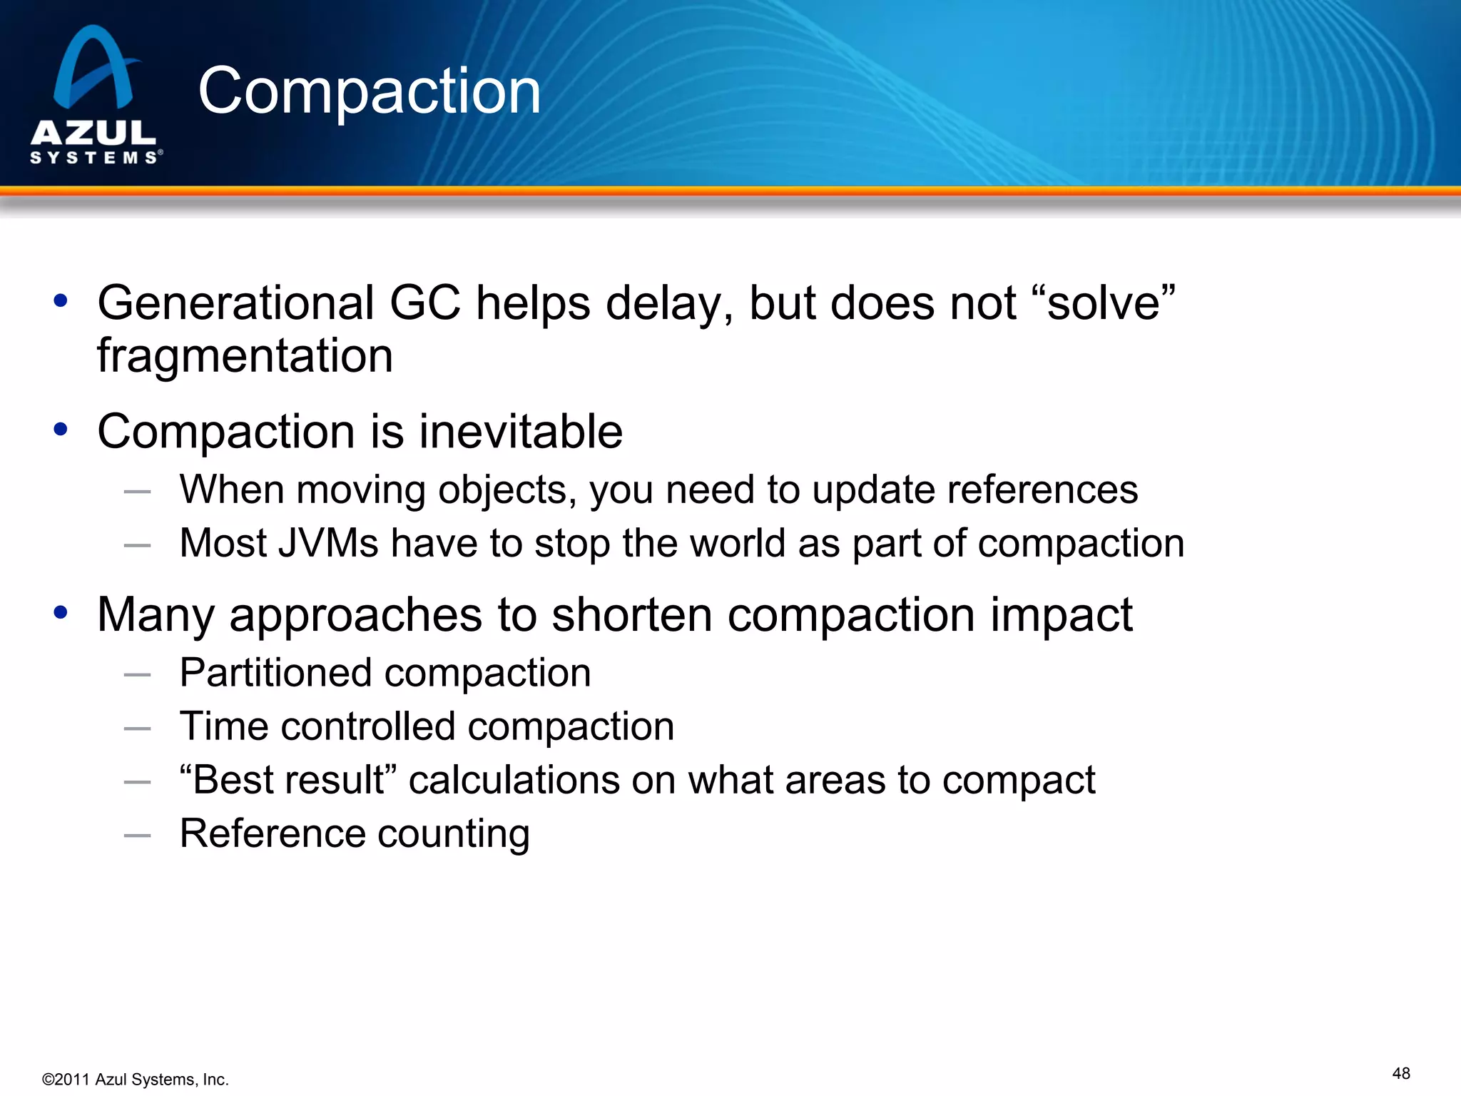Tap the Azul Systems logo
tap(95, 95)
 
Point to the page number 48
tap(1400, 1073)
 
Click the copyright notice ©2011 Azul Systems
tap(135, 1079)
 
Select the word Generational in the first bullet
tap(236, 303)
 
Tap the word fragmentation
tap(245, 355)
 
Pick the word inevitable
tap(520, 432)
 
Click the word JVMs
tap(329, 543)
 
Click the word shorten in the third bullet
tap(631, 614)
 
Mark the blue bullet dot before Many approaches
tap(61, 612)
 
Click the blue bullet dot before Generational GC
tap(61, 300)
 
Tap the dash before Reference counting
tap(137, 835)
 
